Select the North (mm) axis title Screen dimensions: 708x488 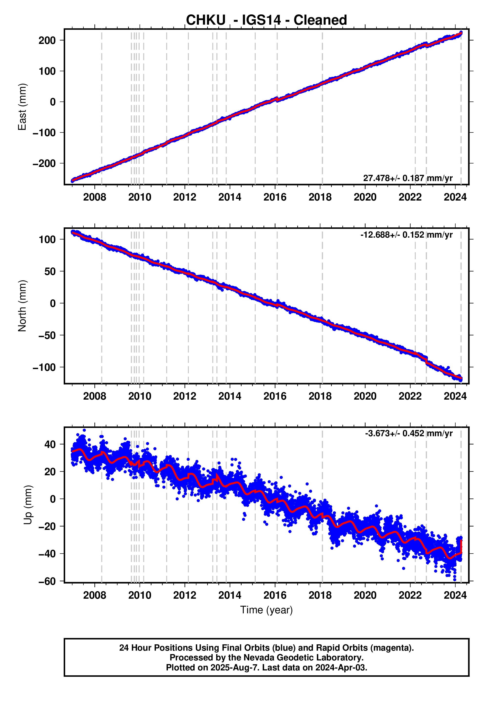pyautogui.click(x=22, y=306)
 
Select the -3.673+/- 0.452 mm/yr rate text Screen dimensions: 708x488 pyautogui.click(x=408, y=434)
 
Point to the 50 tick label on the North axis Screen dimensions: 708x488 pyautogui.click(x=50, y=272)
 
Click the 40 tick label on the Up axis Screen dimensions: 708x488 pyautogui.click(x=50, y=444)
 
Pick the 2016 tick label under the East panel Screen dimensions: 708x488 pyautogui.click(x=275, y=197)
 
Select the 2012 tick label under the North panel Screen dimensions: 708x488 pyautogui.click(x=185, y=396)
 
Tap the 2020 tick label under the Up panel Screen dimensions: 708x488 pyautogui.click(x=365, y=595)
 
